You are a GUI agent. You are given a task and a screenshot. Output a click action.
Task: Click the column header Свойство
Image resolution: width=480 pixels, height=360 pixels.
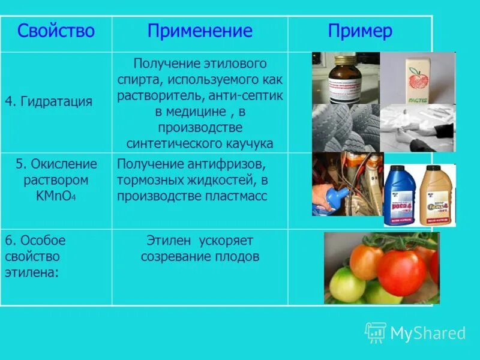click(56, 31)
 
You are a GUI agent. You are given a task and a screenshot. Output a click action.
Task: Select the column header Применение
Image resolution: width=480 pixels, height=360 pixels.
click(200, 31)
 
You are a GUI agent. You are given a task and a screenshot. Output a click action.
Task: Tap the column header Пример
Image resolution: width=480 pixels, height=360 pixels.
click(360, 31)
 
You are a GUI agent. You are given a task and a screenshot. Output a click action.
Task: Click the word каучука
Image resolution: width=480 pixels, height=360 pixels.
click(247, 143)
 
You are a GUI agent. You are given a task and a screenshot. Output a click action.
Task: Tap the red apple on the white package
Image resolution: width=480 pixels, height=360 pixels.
click(418, 79)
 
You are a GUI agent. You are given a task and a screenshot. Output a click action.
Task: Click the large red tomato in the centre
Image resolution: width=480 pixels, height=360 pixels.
click(401, 272)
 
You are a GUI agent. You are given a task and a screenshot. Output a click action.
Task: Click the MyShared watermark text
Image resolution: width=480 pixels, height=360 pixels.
click(428, 333)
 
